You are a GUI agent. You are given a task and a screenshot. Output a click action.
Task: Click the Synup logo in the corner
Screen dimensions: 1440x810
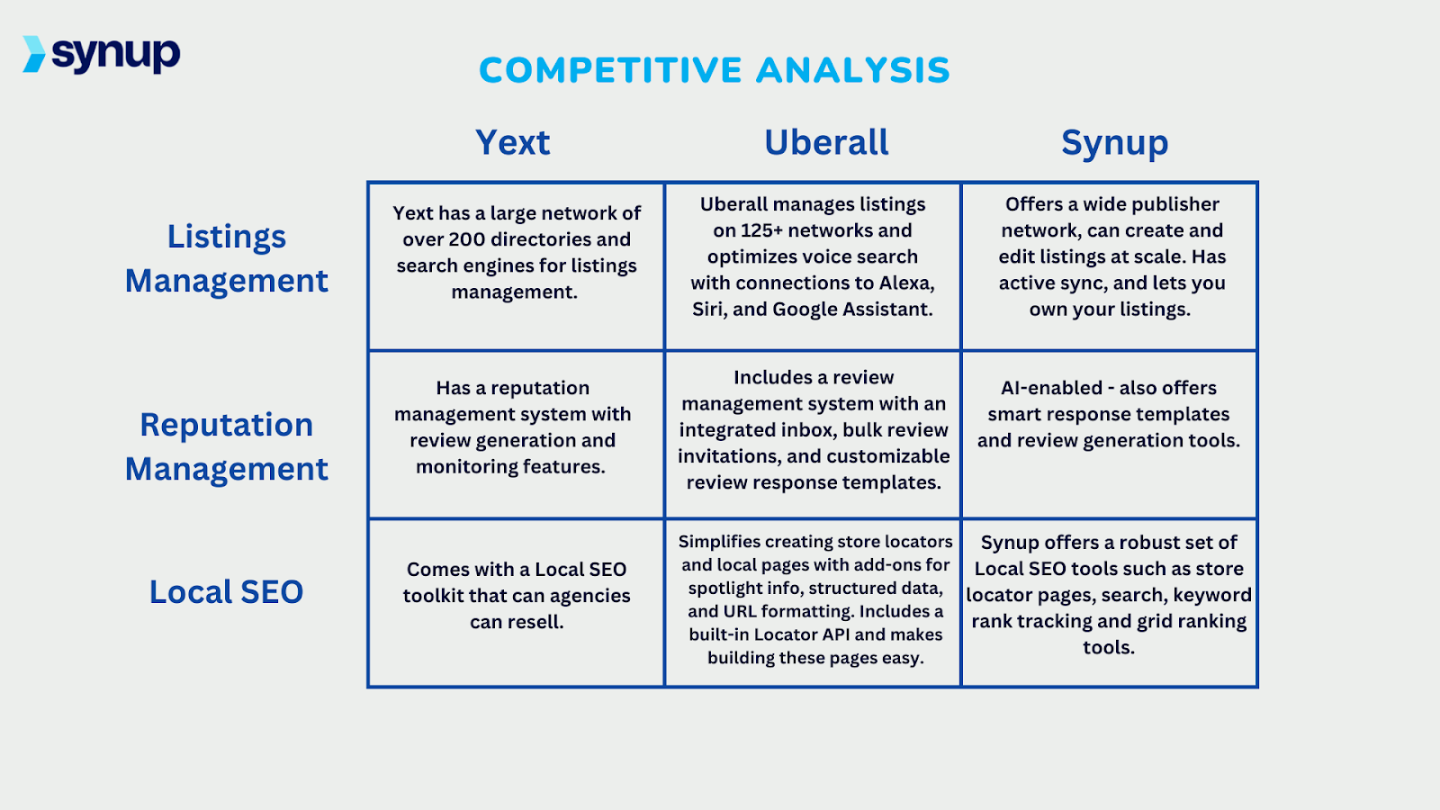pyautogui.click(x=102, y=54)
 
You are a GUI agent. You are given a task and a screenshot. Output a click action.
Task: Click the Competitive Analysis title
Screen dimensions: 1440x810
pyautogui.click(x=714, y=70)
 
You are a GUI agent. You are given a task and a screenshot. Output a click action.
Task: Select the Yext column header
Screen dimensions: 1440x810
pyautogui.click(x=512, y=142)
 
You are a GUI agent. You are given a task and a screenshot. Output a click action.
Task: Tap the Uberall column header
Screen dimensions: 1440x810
pyautogui.click(x=826, y=142)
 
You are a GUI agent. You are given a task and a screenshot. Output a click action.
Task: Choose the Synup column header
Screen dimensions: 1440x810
pyautogui.click(x=1114, y=143)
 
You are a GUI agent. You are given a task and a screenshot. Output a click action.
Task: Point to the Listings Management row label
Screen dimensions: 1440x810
pyautogui.click(x=227, y=258)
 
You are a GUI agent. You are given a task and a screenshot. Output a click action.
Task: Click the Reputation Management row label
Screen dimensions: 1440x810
pyautogui.click(x=227, y=446)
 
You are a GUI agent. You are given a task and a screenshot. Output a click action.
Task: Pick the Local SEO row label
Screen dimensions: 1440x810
pyautogui.click(x=227, y=592)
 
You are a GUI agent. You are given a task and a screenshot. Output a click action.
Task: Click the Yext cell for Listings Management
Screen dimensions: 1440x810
pyautogui.click(x=516, y=265)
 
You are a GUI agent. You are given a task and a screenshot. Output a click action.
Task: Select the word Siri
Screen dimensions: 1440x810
pyautogui.click(x=708, y=309)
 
